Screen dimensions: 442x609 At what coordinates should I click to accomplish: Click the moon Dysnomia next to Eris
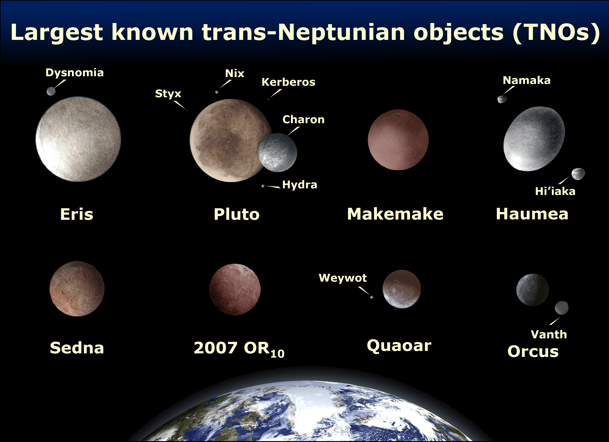51,91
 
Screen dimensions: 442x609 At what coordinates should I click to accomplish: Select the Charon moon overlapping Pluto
278,153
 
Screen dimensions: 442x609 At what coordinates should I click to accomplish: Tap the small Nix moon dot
217,92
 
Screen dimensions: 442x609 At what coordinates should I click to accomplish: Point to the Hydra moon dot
263,186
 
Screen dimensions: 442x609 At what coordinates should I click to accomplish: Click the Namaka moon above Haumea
502,99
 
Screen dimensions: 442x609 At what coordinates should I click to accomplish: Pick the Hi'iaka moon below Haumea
578,174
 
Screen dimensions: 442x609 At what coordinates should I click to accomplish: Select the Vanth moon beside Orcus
561,308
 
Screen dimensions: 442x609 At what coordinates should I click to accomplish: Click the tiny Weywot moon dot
372,297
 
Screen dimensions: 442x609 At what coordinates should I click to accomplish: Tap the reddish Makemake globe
398,140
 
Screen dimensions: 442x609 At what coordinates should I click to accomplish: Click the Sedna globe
77,289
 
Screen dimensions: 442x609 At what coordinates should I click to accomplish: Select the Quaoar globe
402,289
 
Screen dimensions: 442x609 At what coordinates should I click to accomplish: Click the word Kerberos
288,82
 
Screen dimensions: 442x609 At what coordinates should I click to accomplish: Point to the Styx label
168,94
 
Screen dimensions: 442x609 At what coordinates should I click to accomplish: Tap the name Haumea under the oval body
532,214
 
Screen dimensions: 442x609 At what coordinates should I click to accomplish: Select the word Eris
77,214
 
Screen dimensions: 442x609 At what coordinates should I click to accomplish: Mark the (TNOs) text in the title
556,33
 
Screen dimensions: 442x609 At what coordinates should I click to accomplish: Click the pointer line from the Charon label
293,131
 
